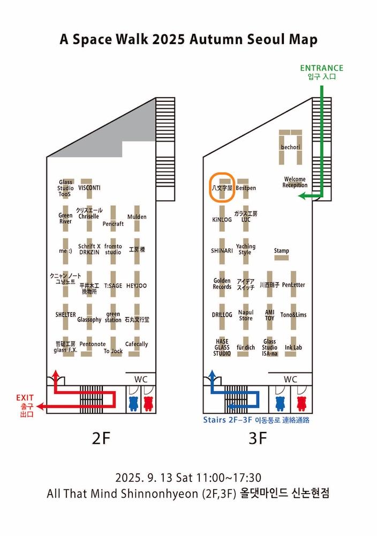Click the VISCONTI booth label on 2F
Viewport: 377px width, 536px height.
point(89,188)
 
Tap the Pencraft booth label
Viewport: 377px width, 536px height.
point(113,224)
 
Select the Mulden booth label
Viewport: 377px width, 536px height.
point(137,217)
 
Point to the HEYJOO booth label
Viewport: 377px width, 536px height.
point(137,286)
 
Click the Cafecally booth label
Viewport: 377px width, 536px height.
point(137,344)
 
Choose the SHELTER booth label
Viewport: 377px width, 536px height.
point(65,315)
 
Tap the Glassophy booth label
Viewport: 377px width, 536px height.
point(89,319)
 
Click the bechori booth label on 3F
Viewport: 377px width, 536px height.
point(291,146)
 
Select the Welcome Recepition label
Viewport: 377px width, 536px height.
point(295,182)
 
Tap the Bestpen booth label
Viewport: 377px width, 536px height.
point(246,188)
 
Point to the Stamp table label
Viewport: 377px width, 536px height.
point(282,251)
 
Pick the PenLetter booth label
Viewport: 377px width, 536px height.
point(293,285)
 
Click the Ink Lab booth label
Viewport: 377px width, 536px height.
point(293,348)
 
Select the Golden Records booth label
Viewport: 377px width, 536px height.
point(222,284)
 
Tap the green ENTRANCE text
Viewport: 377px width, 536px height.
point(321,68)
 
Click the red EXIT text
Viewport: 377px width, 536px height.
point(25,397)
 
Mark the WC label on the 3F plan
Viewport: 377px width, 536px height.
point(290,379)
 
